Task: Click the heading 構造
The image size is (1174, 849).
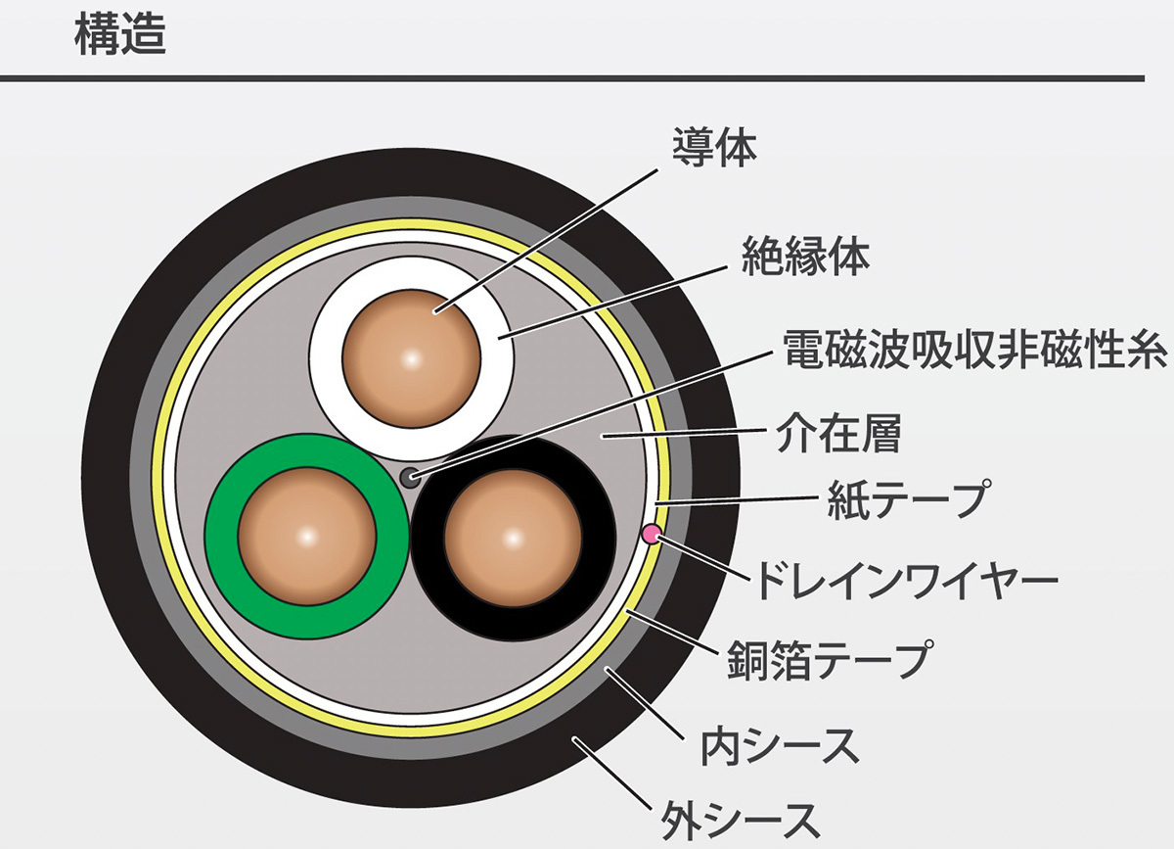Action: tap(119, 36)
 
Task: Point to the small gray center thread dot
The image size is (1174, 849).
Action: tap(410, 477)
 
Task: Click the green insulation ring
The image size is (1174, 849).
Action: tap(223, 536)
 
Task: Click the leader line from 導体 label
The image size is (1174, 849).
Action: tap(548, 237)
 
